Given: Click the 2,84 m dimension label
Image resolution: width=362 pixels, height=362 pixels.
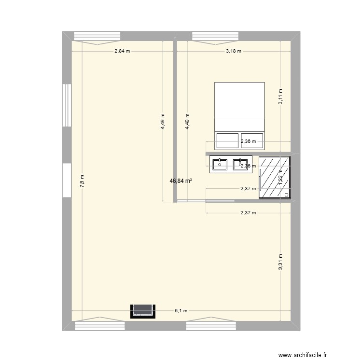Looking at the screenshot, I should (x=122, y=51).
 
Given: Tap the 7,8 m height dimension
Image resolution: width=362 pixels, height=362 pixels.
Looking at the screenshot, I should (x=83, y=181).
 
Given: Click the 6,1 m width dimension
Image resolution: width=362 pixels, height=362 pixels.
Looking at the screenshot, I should (x=181, y=311).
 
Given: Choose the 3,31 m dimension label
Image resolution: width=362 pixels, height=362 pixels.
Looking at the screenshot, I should (x=280, y=262).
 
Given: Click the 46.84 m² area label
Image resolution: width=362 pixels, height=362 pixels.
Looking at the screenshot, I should (x=181, y=181).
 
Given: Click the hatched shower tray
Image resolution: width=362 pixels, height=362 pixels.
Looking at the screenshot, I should (x=274, y=178).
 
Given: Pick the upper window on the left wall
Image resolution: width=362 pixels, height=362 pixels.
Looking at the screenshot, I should (x=66, y=105).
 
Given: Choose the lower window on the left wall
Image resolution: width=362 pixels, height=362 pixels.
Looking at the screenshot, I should (x=66, y=180).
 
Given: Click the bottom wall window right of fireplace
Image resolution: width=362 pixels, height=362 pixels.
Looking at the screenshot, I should (x=211, y=324).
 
